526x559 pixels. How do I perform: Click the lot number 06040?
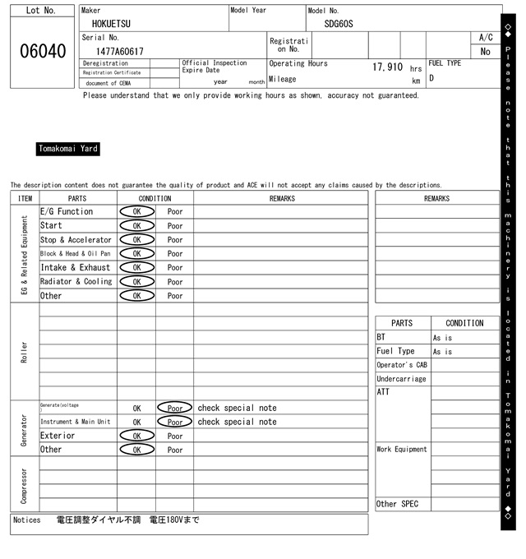[x=42, y=51]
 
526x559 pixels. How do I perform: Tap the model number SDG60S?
[x=338, y=24]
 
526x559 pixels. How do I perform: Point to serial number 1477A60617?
[x=113, y=51]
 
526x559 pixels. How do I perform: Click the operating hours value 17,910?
[x=387, y=67]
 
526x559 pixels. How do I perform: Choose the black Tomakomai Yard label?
[x=68, y=149]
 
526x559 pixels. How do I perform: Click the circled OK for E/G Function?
[x=136, y=211]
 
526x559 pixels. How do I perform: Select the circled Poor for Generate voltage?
[x=174, y=408]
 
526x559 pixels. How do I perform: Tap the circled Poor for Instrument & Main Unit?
[x=174, y=422]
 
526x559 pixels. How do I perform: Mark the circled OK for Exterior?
[x=136, y=436]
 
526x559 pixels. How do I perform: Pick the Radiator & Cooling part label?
[x=76, y=281]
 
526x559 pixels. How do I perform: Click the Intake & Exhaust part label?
[x=75, y=267]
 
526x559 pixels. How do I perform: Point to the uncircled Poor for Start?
[x=175, y=225]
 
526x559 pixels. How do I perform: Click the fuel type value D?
[x=431, y=79]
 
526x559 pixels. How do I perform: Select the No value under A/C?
[x=485, y=51]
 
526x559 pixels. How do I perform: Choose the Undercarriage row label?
[x=401, y=379]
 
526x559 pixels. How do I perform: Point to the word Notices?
[x=27, y=520]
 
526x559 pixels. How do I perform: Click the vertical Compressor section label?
[x=24, y=484]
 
